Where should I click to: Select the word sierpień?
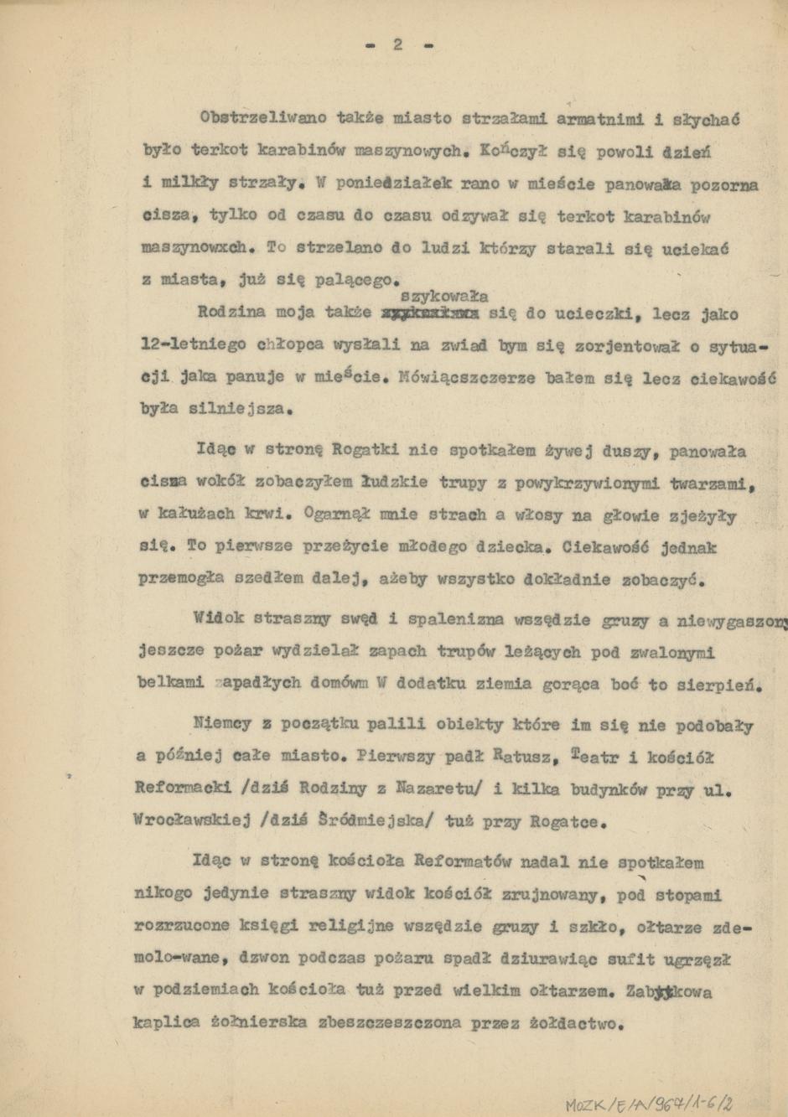tap(722, 685)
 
